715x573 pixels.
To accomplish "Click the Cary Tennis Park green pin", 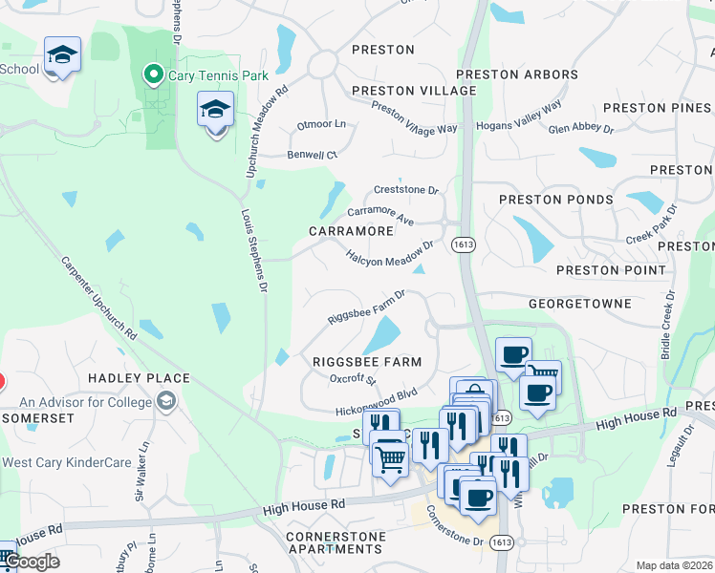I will (152, 74).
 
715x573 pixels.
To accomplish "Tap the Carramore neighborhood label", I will (352, 231).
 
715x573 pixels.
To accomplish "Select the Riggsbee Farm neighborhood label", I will (367, 362).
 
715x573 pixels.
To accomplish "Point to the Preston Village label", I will (414, 91).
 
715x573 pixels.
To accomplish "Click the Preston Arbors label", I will (517, 74).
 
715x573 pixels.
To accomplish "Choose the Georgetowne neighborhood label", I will (580, 303).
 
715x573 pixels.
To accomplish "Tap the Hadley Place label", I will (140, 378).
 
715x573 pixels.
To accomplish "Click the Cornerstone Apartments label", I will (335, 542).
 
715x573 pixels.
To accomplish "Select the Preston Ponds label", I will (555, 200).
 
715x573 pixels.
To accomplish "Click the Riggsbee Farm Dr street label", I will (367, 308).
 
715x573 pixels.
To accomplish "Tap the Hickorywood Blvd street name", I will (377, 401).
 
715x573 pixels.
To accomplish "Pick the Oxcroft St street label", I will (353, 379).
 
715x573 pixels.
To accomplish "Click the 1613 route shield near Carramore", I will (464, 244).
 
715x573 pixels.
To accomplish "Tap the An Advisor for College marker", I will (168, 401).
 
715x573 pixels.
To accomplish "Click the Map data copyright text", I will (674, 565).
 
